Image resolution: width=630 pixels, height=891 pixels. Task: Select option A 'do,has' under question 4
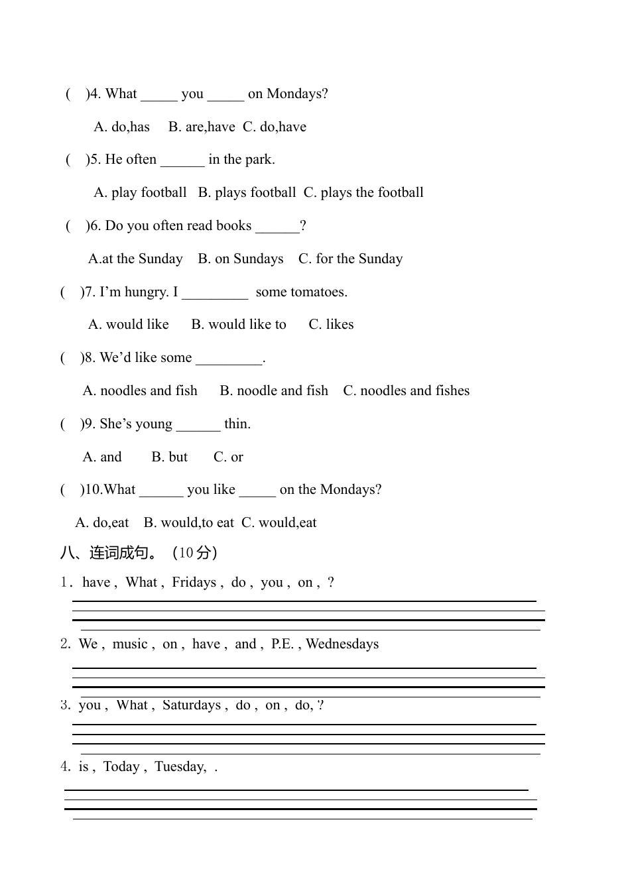(x=122, y=127)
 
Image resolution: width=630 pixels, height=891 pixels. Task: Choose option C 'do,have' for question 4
(x=275, y=127)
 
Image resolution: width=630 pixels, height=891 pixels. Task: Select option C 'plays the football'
(x=363, y=193)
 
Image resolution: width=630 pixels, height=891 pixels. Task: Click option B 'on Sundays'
(x=241, y=259)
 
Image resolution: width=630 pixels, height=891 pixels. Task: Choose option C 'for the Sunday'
(x=350, y=259)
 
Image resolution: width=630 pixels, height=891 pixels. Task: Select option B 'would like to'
(x=239, y=325)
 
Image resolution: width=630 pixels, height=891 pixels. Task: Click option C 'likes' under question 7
(x=331, y=325)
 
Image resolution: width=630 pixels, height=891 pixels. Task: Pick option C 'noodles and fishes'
(x=406, y=391)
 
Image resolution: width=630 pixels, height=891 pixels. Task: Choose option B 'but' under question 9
(x=170, y=457)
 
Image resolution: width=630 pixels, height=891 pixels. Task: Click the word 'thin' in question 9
(x=236, y=424)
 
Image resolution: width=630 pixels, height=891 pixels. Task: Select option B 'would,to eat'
(x=188, y=523)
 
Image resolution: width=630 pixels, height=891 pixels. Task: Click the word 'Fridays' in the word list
(x=194, y=583)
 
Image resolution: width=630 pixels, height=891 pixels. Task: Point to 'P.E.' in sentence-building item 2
(x=283, y=644)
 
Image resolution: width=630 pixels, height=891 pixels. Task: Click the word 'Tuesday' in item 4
(x=180, y=767)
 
